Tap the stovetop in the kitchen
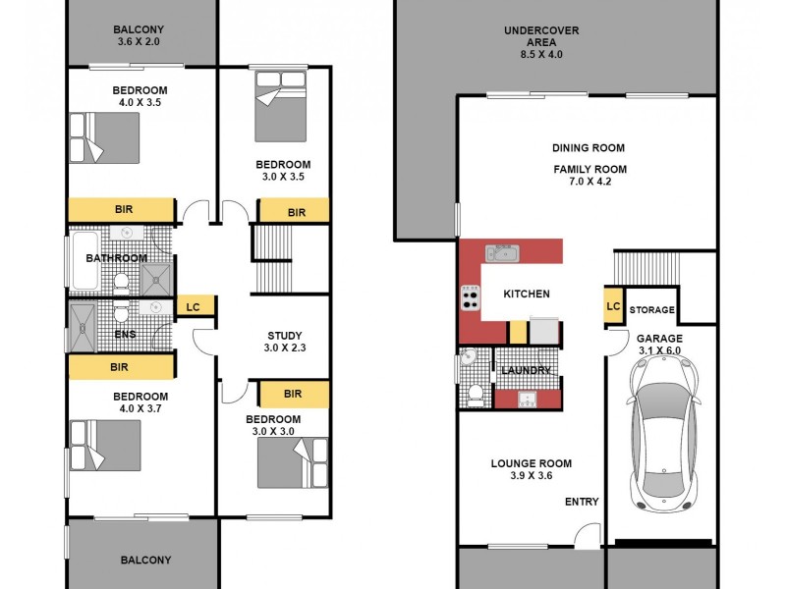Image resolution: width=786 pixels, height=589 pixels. tap(470, 297)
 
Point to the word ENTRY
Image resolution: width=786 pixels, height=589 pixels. tap(581, 502)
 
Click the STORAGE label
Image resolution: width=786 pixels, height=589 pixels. tap(652, 310)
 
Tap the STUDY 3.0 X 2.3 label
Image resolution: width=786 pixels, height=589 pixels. tap(284, 342)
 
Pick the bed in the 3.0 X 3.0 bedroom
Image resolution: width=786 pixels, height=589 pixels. tap(292, 462)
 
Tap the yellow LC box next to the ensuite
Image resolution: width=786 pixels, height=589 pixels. tap(193, 307)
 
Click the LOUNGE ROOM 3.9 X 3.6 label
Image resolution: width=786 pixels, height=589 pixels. tap(532, 470)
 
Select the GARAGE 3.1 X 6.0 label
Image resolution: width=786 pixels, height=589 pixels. tap(659, 345)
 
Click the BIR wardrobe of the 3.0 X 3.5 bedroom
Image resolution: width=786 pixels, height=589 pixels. tap(296, 212)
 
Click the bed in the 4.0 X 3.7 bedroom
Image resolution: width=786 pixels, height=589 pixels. tap(105, 445)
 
